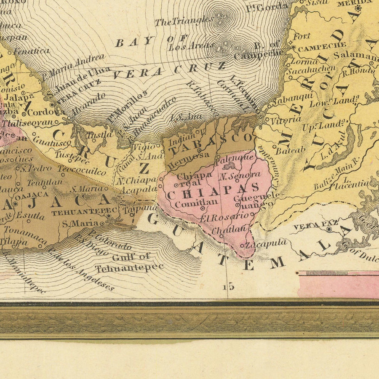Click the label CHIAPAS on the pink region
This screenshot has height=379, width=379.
click(213, 191)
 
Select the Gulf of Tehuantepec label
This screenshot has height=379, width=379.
click(130, 262)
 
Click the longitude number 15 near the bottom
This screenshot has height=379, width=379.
click(230, 287)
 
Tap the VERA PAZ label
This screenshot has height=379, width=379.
click(310, 227)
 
